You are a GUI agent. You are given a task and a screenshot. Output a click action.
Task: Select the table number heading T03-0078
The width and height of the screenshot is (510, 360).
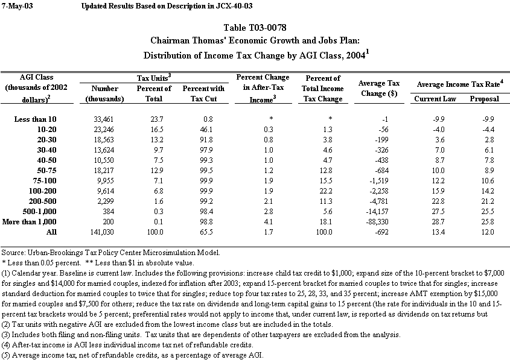(x=255, y=28)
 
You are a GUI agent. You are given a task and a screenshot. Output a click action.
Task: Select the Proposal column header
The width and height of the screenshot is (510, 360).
(x=484, y=98)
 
